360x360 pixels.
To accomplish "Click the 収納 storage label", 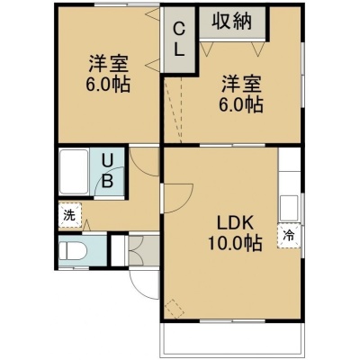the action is tap(232, 21).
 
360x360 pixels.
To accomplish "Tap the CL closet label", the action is tap(179, 40).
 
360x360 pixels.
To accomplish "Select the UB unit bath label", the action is tap(107, 171).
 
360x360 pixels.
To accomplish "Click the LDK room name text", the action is tap(236, 223).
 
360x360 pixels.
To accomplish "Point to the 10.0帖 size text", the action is tap(235, 243).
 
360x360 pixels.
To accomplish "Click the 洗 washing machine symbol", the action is tap(70, 215).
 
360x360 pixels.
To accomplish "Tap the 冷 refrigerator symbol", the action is tap(289, 236).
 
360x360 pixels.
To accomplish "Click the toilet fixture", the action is tap(73, 250).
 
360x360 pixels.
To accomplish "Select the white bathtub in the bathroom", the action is tap(74, 172).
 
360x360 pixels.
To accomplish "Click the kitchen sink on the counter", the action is tap(289, 208).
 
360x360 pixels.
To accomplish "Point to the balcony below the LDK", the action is tap(231, 338).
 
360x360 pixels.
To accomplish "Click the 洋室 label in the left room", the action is tap(108, 63).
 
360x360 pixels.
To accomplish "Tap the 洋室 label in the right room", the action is tap(242, 84).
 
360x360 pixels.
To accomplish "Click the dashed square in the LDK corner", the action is tap(175, 309).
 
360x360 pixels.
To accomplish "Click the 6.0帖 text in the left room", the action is tap(108, 85).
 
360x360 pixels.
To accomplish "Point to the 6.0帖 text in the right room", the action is tap(241, 105).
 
